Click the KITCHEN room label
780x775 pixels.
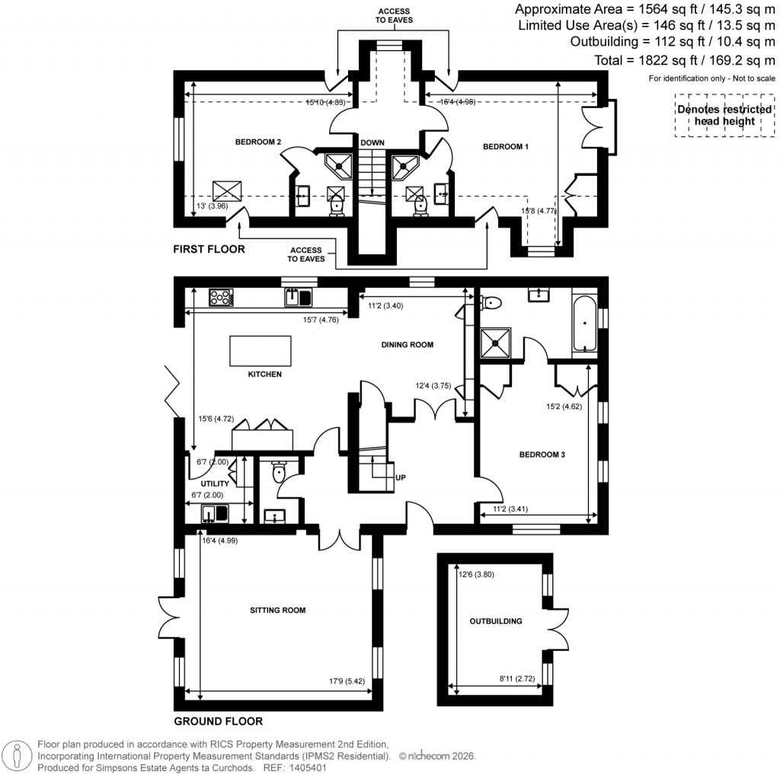click(264, 374)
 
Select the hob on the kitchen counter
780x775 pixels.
click(220, 297)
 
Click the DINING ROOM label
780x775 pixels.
click(407, 345)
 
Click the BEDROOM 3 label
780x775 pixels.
click(542, 455)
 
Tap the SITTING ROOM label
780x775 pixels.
click(278, 610)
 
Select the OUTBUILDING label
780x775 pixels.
click(496, 621)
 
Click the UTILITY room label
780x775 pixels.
click(215, 483)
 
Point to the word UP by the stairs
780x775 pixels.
click(401, 477)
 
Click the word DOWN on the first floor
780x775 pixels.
click(372, 142)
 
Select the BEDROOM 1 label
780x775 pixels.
click(506, 147)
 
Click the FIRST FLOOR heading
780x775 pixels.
click(209, 249)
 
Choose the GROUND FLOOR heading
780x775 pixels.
click(218, 721)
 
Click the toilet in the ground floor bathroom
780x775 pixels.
click(491, 302)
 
